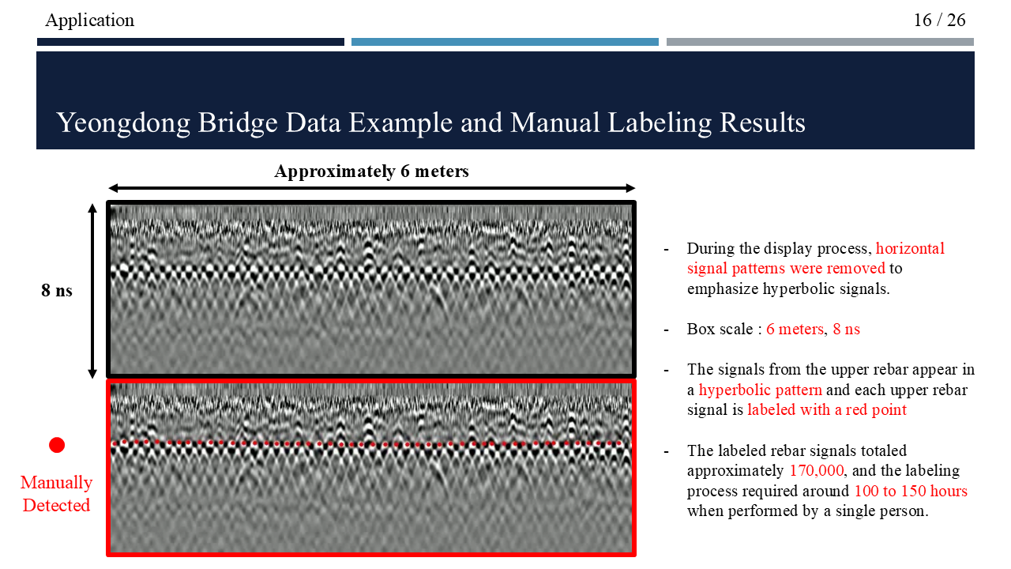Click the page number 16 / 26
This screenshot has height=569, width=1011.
(939, 20)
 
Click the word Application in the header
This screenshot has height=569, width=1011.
(90, 20)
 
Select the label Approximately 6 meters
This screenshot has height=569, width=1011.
(371, 171)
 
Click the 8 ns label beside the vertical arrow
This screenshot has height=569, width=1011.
(57, 290)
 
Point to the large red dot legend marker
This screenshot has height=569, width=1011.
(57, 445)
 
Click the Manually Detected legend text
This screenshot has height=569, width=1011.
(57, 493)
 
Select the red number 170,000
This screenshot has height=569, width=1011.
(817, 470)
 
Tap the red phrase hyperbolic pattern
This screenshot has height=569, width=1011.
(760, 390)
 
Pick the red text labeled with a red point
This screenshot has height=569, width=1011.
(827, 409)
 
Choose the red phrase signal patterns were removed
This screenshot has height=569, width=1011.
(786, 268)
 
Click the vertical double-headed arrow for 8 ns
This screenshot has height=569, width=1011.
(92, 290)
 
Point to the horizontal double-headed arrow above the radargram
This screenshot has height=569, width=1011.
(371, 188)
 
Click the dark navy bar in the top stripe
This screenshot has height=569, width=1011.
(190, 42)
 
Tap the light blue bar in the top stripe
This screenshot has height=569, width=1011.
(505, 42)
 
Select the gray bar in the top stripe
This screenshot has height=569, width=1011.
(820, 42)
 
